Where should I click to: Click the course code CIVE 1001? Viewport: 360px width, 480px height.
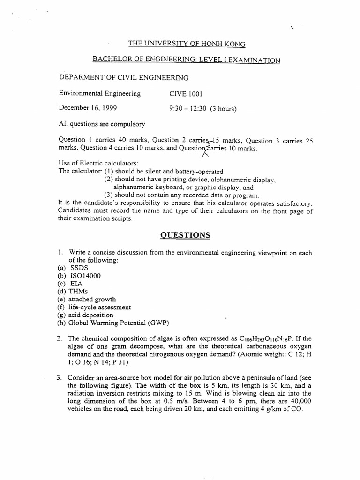186,93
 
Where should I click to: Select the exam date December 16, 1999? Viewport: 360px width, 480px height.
88,108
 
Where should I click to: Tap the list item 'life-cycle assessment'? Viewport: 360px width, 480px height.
100,307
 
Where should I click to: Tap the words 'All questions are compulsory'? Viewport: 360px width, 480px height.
102,124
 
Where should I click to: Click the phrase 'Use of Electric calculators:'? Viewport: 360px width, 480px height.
98,163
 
